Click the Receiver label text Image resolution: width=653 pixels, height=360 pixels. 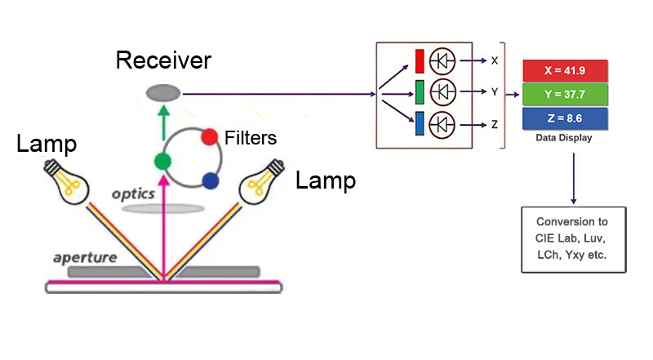[163, 60]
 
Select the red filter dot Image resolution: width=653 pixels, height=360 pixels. [209, 137]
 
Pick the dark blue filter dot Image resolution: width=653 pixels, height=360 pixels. [211, 180]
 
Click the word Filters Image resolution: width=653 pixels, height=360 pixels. [251, 138]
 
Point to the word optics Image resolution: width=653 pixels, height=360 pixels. [134, 194]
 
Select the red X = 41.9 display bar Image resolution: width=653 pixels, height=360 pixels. [565, 70]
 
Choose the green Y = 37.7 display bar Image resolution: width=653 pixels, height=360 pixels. [565, 94]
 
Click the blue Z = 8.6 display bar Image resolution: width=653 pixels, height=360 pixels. [565, 118]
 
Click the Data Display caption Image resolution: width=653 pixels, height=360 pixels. [564, 138]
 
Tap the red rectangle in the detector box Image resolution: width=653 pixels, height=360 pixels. [420, 61]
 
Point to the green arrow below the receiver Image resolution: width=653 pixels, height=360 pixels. [165, 121]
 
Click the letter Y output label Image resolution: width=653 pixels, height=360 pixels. [495, 92]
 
